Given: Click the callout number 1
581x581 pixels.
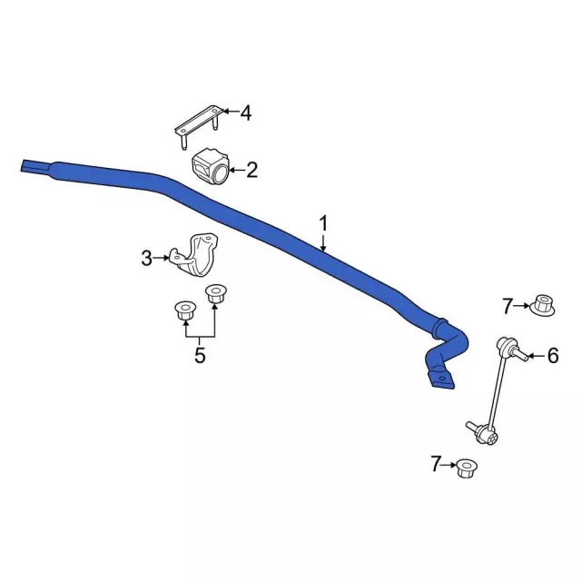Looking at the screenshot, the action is coord(323,224).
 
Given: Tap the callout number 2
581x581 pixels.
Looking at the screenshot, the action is coord(251,170).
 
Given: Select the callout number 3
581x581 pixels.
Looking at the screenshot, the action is coord(146,258).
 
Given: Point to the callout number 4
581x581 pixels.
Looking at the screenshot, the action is coord(246,113).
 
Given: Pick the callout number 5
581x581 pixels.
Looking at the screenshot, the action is coord(200,355).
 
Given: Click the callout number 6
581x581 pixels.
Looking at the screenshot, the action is coord(553,356).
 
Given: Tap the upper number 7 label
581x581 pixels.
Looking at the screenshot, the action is coord(507,306).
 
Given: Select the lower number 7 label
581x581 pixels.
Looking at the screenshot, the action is coord(436,464).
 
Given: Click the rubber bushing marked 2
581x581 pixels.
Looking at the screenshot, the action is coord(210,166).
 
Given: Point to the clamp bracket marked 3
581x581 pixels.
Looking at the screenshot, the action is coord(194,256).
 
